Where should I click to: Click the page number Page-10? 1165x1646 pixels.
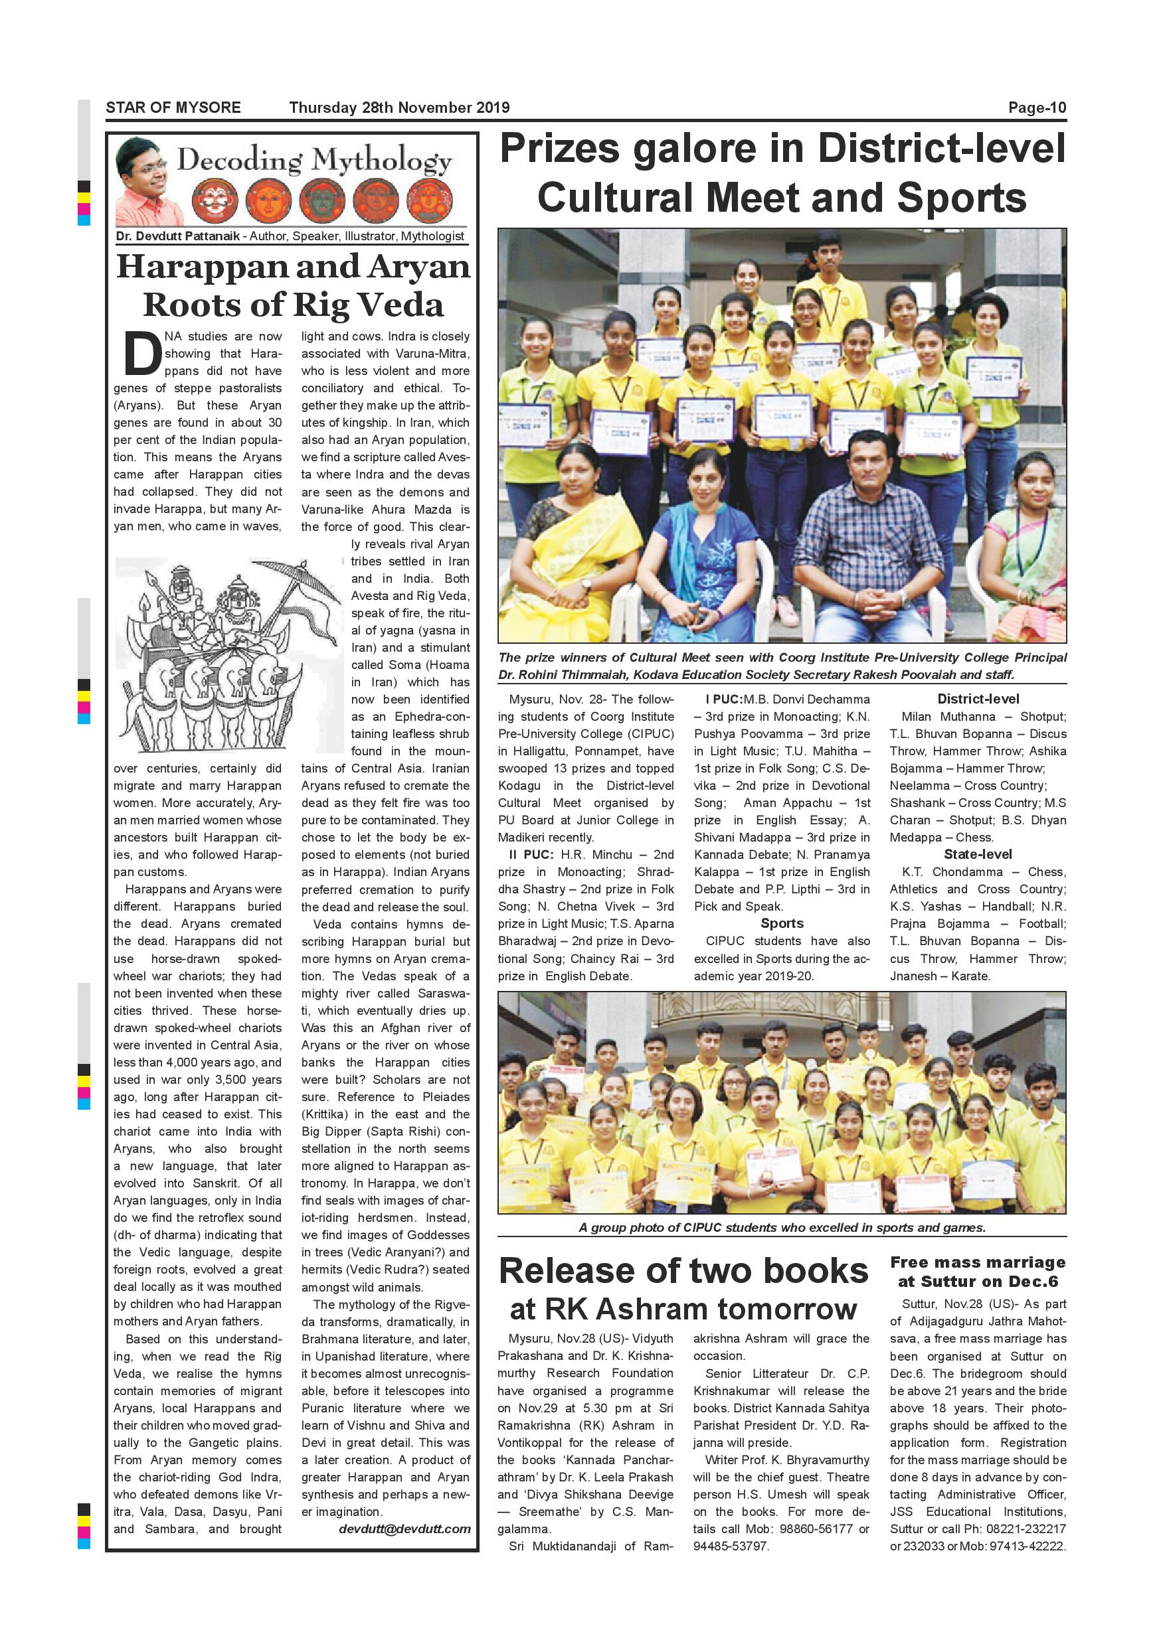[x=1037, y=108]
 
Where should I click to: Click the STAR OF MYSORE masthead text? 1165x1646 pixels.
[x=173, y=108]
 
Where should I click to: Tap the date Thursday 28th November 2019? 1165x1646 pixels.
[x=399, y=108]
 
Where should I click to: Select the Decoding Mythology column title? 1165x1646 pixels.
[x=314, y=161]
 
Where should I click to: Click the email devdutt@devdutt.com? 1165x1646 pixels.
[x=404, y=1529]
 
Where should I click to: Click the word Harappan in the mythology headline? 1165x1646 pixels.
[x=201, y=267]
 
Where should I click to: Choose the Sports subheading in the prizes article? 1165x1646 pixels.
[x=781, y=923]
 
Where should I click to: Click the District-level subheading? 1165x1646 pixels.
[x=978, y=699]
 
